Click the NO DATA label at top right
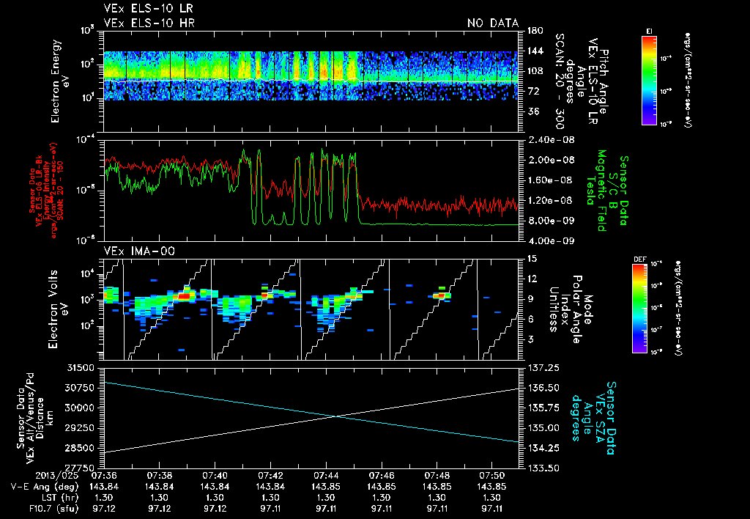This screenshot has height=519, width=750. click(x=492, y=23)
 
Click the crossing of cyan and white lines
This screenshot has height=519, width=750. click(x=335, y=416)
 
